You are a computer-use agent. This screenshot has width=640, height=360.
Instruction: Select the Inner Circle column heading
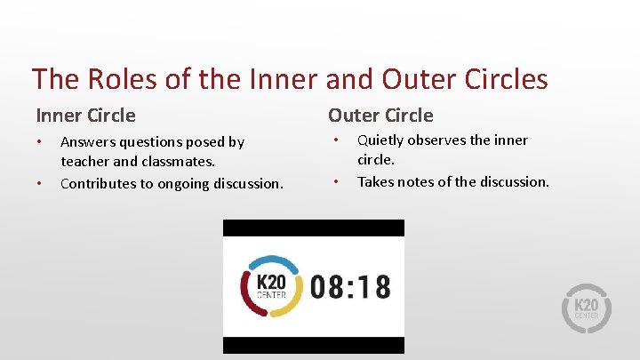86,116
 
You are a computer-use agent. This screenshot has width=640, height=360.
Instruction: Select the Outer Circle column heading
380,116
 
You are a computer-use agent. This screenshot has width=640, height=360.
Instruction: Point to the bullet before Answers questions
39,142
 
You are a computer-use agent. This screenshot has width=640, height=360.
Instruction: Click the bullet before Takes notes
336,182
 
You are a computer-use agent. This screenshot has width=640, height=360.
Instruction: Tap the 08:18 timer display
350,286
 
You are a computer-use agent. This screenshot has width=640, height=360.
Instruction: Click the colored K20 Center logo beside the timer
270,286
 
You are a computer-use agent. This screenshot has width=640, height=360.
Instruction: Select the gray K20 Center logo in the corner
588,308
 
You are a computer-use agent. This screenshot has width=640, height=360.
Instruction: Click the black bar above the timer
313,228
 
